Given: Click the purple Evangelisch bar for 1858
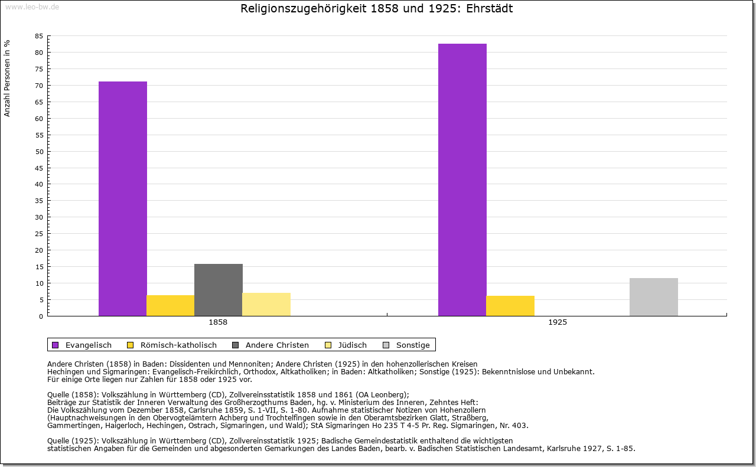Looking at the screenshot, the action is coord(122,199).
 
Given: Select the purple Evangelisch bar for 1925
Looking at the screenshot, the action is coord(462,180).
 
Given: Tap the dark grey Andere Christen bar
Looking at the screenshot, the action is coord(219,290).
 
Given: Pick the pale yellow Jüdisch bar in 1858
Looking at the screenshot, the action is coord(266,305).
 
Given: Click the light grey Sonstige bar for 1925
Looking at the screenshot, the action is coord(654,297).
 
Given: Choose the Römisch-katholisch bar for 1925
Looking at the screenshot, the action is coord(510,306).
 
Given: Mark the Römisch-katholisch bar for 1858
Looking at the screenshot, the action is coord(171,305).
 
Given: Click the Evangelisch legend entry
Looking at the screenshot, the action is coord(82,345).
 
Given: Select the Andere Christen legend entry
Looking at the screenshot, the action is coord(271,345).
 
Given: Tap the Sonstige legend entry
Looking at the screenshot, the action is coord(406,345).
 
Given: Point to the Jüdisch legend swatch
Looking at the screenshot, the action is coord(328,345).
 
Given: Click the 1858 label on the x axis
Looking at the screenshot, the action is coord(218,322).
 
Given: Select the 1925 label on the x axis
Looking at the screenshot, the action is coord(558,322).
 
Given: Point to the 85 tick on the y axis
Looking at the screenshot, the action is coord(39,36).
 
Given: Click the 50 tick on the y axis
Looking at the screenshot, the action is coord(39,152).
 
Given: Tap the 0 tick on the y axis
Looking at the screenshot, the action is coord(41,316).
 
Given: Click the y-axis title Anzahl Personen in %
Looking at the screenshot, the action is coord(6,79).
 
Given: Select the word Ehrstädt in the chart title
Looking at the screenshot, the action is coord(490,8).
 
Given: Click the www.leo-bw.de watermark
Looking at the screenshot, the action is coord(32,6).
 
